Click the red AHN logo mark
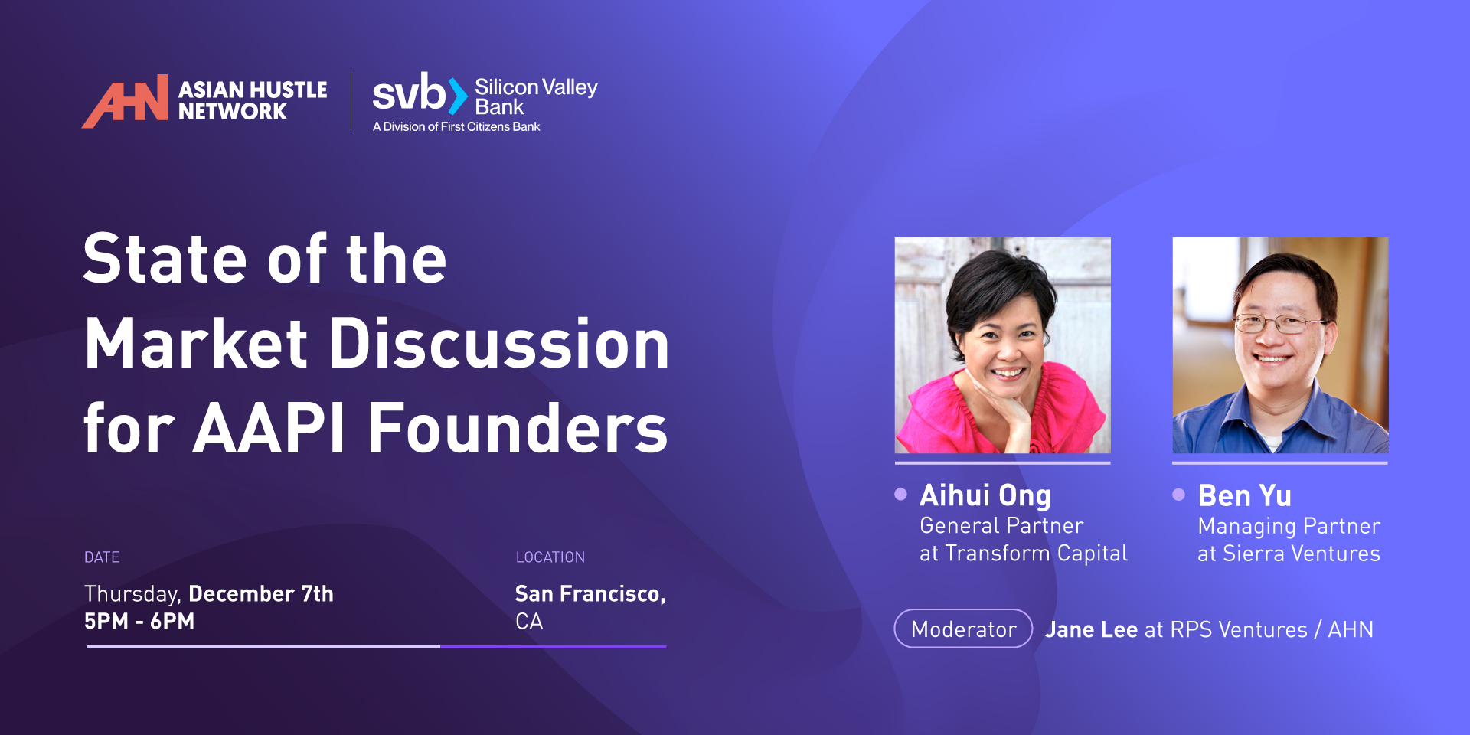coord(125,101)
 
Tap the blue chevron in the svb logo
coord(458,96)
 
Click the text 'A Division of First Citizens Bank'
coord(456,126)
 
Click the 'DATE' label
coord(102,557)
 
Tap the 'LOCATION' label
coord(550,557)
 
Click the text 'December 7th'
coord(261,593)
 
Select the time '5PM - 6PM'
coord(139,621)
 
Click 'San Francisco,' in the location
coord(590,594)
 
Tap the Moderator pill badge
coord(963,629)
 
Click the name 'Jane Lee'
coord(1092,629)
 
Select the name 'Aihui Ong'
coord(985,496)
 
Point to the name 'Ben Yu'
coord(1245,496)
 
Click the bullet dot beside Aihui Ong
coord(901,494)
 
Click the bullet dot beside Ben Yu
coord(1179,495)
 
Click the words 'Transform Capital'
coord(1037,553)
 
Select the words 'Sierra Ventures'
coord(1302,554)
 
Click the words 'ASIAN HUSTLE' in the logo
coord(253,90)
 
